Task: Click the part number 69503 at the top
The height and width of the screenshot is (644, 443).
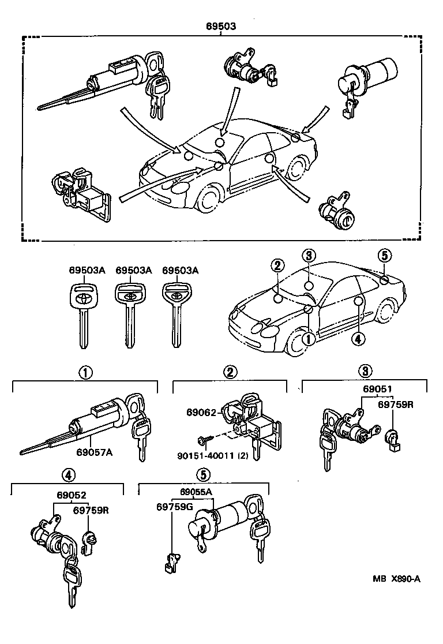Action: coord(221,27)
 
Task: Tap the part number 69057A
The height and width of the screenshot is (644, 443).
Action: coord(94,452)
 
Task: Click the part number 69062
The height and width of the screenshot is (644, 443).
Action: coord(200,413)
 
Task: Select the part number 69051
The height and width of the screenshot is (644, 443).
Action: coord(377,388)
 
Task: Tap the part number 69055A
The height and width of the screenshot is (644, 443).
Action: coord(196,492)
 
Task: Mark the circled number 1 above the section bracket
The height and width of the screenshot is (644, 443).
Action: coord(85,372)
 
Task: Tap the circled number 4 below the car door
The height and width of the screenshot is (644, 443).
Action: coord(358,339)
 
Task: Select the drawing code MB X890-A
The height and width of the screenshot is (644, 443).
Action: coord(396,579)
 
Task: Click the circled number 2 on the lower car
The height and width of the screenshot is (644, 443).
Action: coord(277,266)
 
